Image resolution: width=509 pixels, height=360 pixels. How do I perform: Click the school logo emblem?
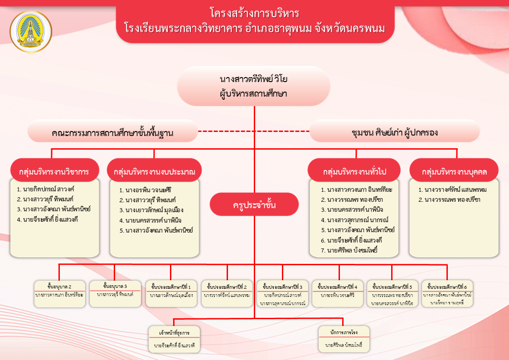point(31,32)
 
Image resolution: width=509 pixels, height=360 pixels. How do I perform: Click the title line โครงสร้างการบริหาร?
point(254,13)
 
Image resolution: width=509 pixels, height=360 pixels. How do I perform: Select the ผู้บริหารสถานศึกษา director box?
point(253,86)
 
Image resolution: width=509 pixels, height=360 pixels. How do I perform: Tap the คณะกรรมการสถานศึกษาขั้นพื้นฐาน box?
point(112,133)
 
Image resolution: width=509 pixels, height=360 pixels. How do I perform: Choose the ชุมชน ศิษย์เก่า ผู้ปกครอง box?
point(394,133)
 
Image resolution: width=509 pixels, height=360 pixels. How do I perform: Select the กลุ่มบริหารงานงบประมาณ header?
point(155,172)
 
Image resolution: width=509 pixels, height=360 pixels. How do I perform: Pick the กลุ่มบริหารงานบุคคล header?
point(454,172)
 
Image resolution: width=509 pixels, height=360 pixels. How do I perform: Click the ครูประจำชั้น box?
point(254,205)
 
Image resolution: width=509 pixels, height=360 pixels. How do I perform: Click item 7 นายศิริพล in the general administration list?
point(349,250)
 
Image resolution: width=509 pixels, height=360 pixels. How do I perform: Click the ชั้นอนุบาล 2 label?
point(59,286)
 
